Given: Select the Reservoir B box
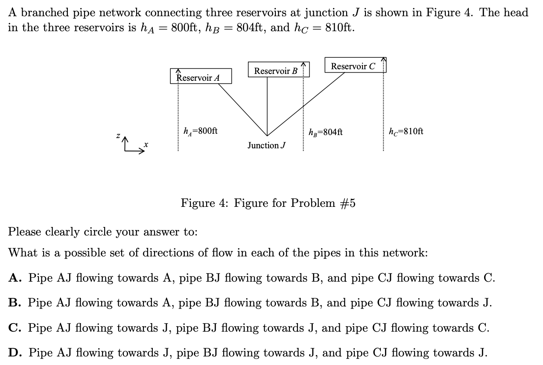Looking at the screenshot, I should pyautogui.click(x=276, y=71).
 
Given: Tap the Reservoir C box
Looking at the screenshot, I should pyautogui.click(x=353, y=66).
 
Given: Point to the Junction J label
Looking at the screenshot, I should pyautogui.click(x=266, y=146).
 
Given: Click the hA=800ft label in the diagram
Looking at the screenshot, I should pyautogui.click(x=200, y=131).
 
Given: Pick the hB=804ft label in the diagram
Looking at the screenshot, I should pyautogui.click(x=325, y=132).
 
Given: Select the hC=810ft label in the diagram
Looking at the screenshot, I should pyautogui.click(x=406, y=131).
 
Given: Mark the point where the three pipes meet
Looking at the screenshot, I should pyautogui.click(x=267, y=136).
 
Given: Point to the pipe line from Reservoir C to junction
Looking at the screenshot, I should pyautogui.click(x=306, y=105).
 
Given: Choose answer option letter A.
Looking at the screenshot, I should pyautogui.click(x=14, y=278).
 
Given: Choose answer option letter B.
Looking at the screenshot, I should pyautogui.click(x=14, y=303).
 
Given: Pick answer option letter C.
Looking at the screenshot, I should pyautogui.click(x=14, y=328).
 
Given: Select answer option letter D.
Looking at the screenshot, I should pyautogui.click(x=14, y=353).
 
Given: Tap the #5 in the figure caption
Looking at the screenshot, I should pyautogui.click(x=347, y=203).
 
